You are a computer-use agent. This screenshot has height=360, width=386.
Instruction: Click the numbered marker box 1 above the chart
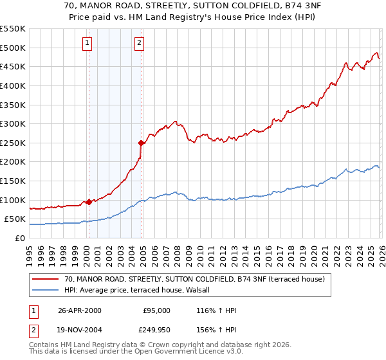tap(87, 44)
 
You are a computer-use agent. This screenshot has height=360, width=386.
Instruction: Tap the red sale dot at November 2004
tap(141, 143)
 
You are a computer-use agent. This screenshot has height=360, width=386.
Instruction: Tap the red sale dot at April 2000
tap(89, 201)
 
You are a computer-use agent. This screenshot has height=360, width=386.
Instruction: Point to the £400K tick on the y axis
tap(13, 85)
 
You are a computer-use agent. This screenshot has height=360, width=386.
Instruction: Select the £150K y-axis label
tap(13, 181)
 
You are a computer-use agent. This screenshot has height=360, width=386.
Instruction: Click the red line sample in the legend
tap(46, 279)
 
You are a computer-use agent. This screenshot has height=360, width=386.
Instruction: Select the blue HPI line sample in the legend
tap(46, 290)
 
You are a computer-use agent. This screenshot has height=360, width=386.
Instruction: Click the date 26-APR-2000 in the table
tap(79, 310)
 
